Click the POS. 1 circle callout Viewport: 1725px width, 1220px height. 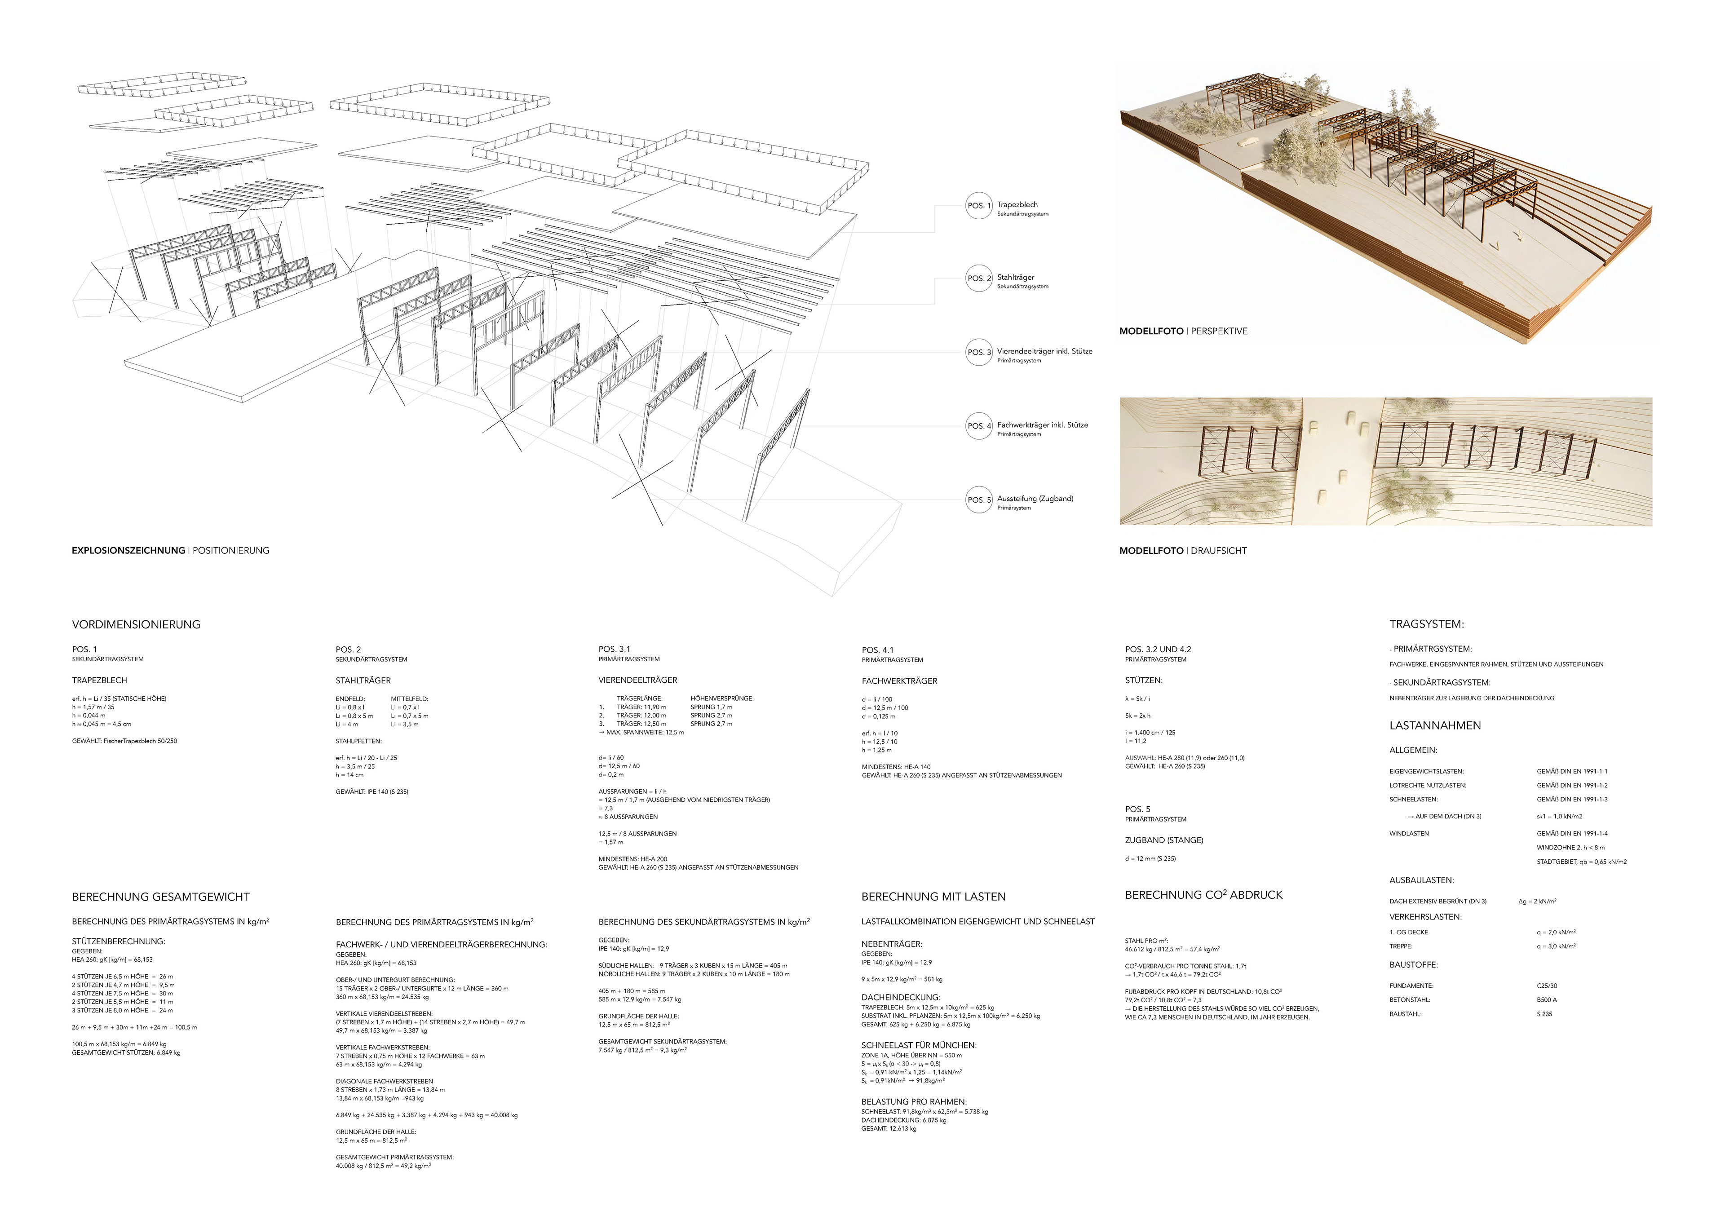tap(978, 206)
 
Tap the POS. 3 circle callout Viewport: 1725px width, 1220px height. tap(978, 352)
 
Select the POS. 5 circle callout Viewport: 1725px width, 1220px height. tap(978, 499)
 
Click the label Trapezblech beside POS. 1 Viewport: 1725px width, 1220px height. tap(1017, 204)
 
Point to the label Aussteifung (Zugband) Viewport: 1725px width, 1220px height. tap(1035, 498)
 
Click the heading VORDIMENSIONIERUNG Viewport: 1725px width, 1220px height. tap(136, 624)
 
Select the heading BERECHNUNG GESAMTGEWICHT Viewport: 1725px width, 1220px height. tap(161, 897)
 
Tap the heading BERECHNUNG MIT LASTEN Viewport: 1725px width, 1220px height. tap(933, 897)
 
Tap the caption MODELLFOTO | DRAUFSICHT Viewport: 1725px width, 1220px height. tap(1182, 551)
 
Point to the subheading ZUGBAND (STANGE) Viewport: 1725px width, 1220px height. tap(1164, 840)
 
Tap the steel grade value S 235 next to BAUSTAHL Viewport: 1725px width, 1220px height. tap(1544, 1014)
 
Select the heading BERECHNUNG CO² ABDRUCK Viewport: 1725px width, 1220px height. tap(1203, 895)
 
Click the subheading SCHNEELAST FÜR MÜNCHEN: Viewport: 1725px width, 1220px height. tap(918, 1045)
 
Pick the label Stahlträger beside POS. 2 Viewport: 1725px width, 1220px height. tap(1015, 277)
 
